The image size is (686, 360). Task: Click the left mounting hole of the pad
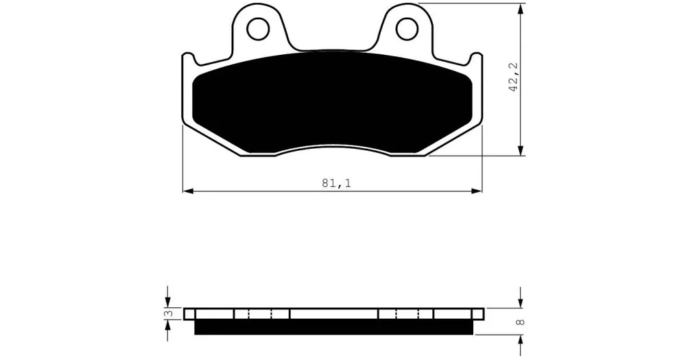coord(258,29)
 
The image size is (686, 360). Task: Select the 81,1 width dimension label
coord(337,183)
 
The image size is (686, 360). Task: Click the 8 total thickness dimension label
coord(520,322)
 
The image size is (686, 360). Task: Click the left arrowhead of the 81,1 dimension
coord(188,191)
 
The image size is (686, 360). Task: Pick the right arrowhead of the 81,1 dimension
coord(477,191)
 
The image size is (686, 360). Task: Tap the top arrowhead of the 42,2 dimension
coord(520,9)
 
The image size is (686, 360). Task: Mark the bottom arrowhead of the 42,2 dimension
coord(520,149)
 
